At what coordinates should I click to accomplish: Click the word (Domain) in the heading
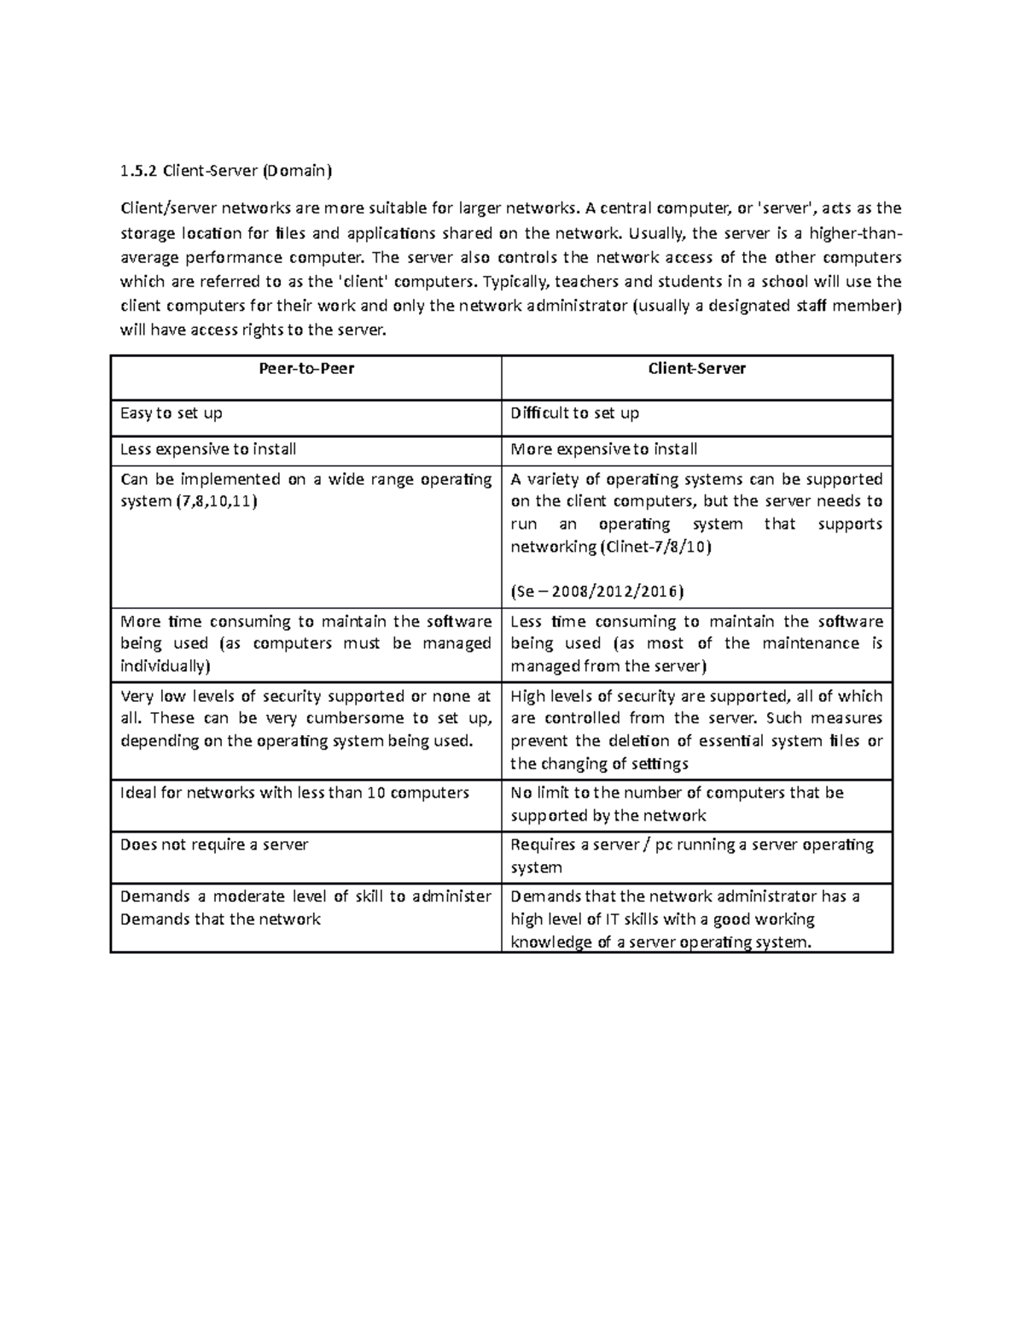295,171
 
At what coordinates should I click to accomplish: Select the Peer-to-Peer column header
306,369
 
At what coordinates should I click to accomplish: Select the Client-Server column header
696,369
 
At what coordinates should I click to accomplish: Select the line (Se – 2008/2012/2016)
596,592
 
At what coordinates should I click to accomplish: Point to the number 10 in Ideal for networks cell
375,793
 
